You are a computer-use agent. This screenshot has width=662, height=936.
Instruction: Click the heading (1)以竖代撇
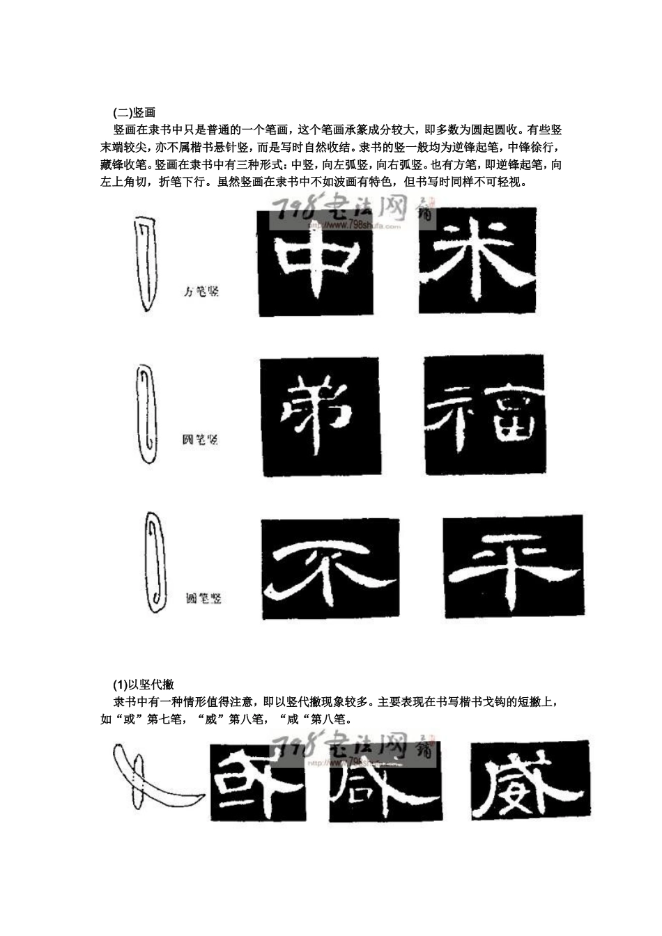[148, 685]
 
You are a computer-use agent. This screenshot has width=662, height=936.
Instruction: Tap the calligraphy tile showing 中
[315, 263]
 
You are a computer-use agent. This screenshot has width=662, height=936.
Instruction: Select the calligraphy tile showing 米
[477, 260]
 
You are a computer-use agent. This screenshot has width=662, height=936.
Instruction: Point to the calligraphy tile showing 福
[483, 416]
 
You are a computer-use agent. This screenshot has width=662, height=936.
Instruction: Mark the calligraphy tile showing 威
[530, 779]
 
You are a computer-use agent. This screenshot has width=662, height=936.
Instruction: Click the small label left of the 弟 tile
[200, 439]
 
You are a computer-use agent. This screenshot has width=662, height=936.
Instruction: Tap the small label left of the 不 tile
[203, 598]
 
